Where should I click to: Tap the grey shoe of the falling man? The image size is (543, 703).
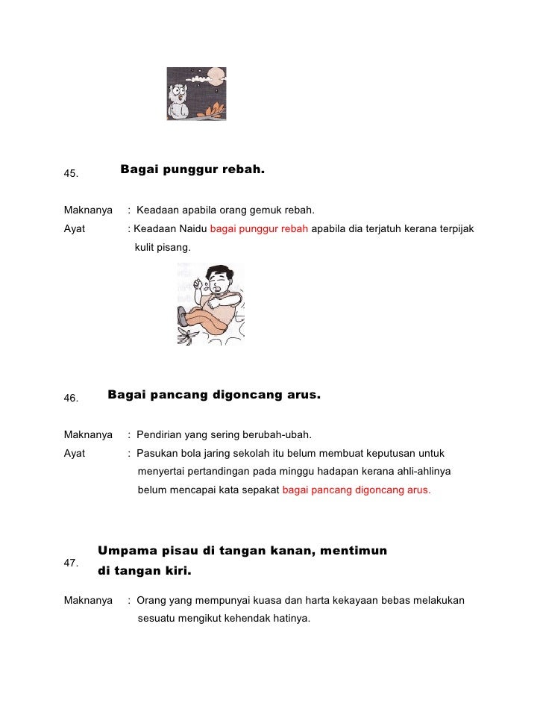coord(181,316)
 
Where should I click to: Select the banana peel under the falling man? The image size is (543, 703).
coord(186,336)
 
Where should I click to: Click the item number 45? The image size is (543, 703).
coord(72,174)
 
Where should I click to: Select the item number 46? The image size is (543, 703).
coord(72,399)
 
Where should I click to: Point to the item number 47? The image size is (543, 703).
coord(72,563)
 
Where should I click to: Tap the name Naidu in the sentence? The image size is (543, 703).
coord(193,228)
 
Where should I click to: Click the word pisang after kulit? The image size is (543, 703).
coord(175,246)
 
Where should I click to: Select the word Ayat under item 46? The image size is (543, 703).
coord(75,453)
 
